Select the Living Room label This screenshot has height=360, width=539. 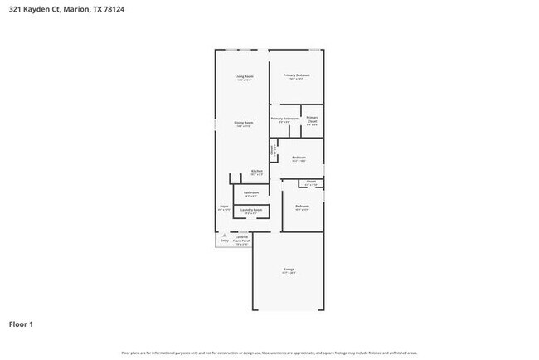[244, 76]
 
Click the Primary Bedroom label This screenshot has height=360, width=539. [296, 75]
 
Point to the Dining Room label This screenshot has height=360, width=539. [243, 123]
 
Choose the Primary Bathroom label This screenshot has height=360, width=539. [284, 119]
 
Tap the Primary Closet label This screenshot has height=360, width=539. [312, 119]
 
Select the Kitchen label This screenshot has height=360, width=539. [257, 171]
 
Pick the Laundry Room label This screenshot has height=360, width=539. [251, 210]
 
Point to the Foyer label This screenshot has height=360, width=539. [224, 206]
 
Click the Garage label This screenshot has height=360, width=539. [289, 269]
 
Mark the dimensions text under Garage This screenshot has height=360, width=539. [289, 273]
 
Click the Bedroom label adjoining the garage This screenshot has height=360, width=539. [302, 206]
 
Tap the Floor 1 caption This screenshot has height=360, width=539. [22, 324]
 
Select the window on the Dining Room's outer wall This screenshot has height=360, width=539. [216, 124]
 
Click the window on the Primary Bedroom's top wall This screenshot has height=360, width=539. [315, 50]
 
